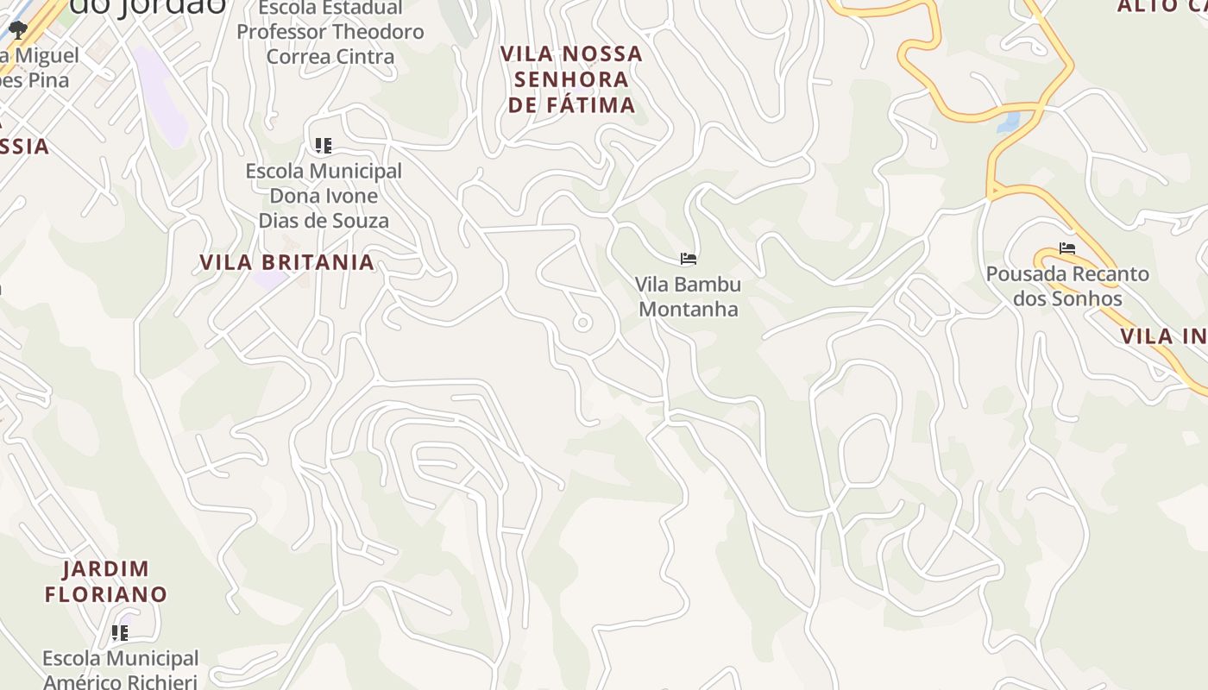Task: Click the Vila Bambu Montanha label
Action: point(688,296)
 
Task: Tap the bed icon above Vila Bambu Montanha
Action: point(688,258)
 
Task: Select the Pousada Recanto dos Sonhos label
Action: point(1067,285)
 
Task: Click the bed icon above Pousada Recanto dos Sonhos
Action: point(1067,248)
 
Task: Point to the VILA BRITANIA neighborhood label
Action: point(286,262)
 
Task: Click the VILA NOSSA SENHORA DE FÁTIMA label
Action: point(572,79)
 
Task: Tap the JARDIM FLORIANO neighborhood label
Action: point(106,581)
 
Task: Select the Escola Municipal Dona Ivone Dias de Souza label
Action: point(324,196)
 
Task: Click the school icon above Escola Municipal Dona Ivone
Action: point(324,145)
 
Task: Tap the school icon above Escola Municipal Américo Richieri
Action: point(120,633)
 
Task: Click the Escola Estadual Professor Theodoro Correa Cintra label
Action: point(330,32)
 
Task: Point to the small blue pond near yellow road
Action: point(1008,121)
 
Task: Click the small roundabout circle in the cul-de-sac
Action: point(582,323)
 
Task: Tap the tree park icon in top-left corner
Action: point(18,30)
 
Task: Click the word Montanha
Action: point(688,309)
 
